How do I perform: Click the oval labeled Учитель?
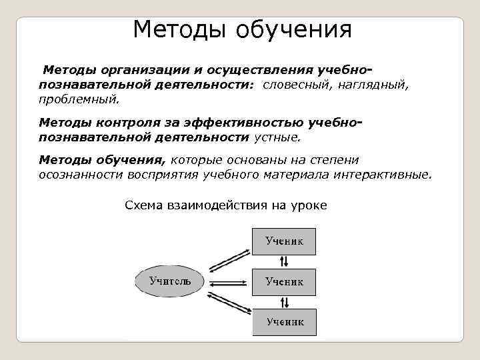[x=170, y=282]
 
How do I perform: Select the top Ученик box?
[x=284, y=241]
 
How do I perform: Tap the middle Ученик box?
[x=284, y=282]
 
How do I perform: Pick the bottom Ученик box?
[x=284, y=322]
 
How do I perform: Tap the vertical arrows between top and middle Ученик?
[x=285, y=261]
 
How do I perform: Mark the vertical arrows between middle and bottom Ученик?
[x=285, y=301]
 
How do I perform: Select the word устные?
[x=277, y=137]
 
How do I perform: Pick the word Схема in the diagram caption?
[x=144, y=205]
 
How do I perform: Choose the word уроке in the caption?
[x=309, y=205]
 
